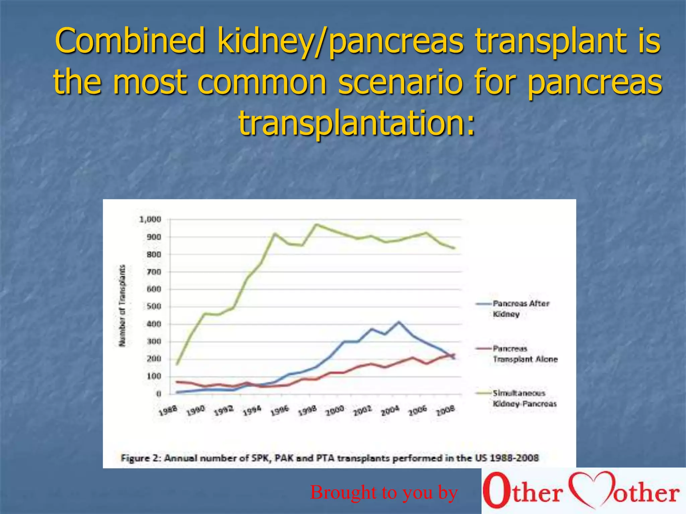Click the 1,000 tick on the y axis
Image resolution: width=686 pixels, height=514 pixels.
coord(150,220)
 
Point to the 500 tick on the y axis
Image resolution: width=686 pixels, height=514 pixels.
coord(154,307)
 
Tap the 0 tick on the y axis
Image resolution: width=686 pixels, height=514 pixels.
coord(159,394)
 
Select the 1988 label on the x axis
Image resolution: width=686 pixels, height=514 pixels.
coord(167,411)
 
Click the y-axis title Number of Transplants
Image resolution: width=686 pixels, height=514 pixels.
coord(123,306)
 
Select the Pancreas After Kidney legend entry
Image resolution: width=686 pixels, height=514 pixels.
coord(521,309)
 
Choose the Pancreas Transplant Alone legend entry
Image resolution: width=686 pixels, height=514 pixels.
coord(525,354)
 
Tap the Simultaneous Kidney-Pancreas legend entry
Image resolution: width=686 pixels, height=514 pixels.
coord(524,398)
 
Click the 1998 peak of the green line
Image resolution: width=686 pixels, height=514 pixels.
coord(316,225)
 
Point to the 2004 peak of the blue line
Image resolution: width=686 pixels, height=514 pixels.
coord(399,322)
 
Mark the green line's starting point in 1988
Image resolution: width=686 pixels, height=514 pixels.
coord(177,364)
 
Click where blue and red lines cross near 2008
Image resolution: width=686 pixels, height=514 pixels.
coord(451,356)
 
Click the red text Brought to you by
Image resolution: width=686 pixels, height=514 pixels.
coord(384,492)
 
